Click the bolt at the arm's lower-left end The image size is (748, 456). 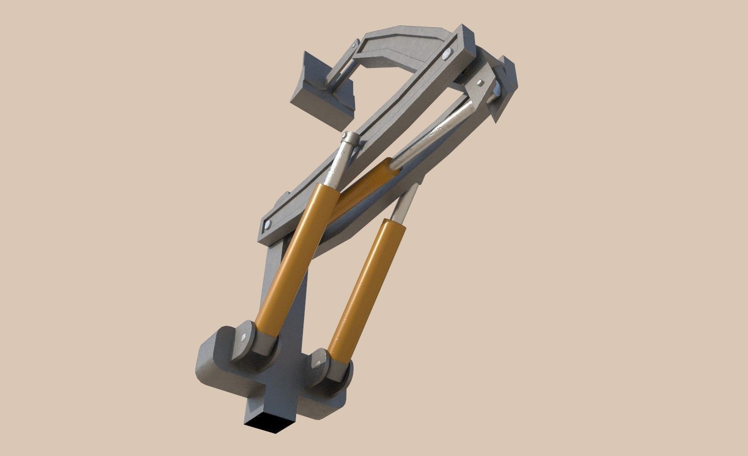268,226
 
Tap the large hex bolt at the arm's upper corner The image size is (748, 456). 448,54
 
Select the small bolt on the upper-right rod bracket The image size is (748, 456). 478,81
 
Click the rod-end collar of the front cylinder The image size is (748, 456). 349,140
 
